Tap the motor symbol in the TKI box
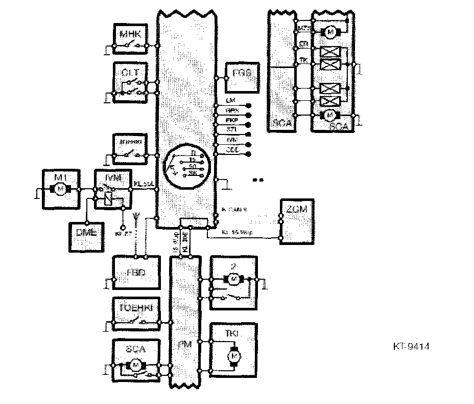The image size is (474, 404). [234, 354]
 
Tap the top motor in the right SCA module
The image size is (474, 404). [330, 32]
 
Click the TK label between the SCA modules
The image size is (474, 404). [303, 60]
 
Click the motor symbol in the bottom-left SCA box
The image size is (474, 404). [135, 365]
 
